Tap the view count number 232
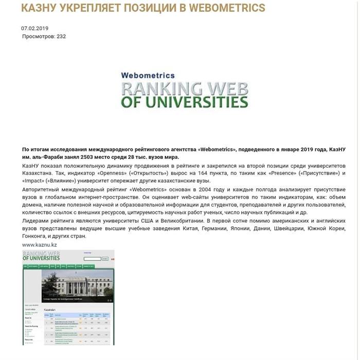click(61, 37)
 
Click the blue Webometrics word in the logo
click(148, 75)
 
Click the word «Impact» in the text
click(32, 181)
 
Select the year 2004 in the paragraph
click(221, 189)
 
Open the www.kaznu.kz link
click(40, 245)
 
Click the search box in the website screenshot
click(93, 259)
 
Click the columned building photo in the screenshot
click(77, 284)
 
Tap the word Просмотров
click(38, 37)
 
